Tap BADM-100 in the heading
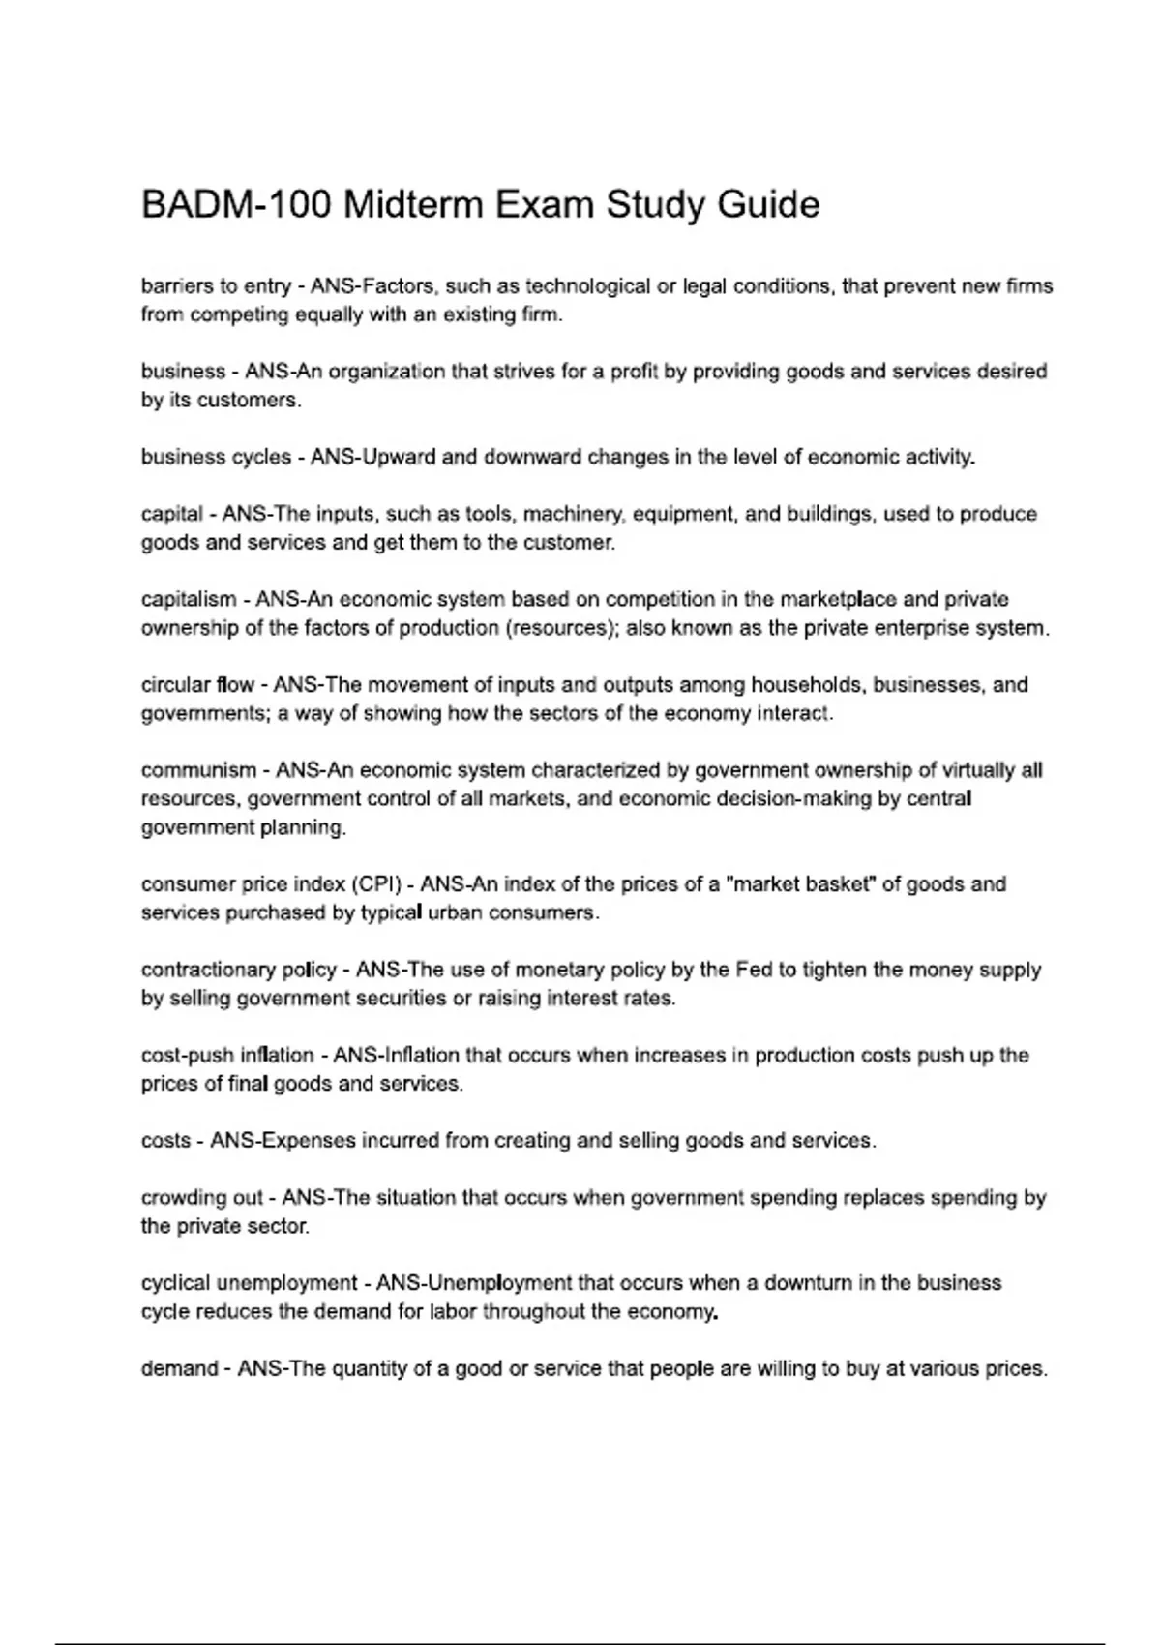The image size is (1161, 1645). tap(237, 205)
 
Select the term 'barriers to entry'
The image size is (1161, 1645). tap(215, 286)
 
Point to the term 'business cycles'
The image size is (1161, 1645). tap(215, 457)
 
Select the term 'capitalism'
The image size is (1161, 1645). tap(188, 599)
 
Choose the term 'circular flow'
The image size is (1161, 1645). tap(197, 685)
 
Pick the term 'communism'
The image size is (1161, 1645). tap(198, 770)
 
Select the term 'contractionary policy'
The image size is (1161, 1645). tap(239, 970)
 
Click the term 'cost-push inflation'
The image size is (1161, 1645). tap(227, 1055)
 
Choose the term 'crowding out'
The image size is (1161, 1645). tap(201, 1198)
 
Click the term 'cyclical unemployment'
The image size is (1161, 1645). tap(249, 1283)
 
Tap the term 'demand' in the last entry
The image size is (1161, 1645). tap(179, 1369)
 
